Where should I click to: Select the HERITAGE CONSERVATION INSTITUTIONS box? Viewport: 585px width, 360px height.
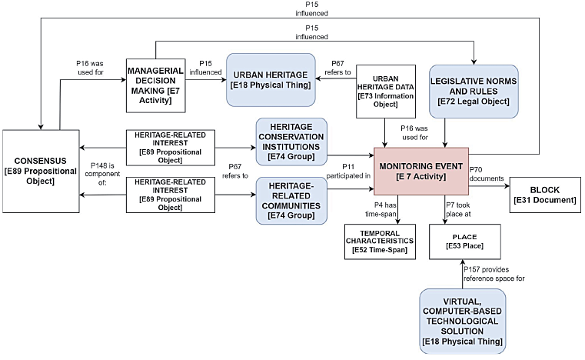click(291, 140)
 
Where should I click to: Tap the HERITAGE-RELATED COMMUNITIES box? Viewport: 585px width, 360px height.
click(291, 199)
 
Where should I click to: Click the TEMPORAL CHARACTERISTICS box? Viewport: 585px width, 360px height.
click(379, 242)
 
